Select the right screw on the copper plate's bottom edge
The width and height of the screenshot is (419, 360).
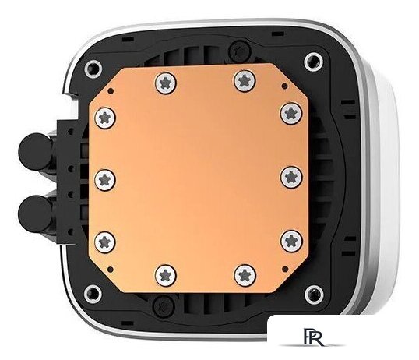tap(241, 272)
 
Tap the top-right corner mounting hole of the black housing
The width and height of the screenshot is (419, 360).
tap(312, 59)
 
